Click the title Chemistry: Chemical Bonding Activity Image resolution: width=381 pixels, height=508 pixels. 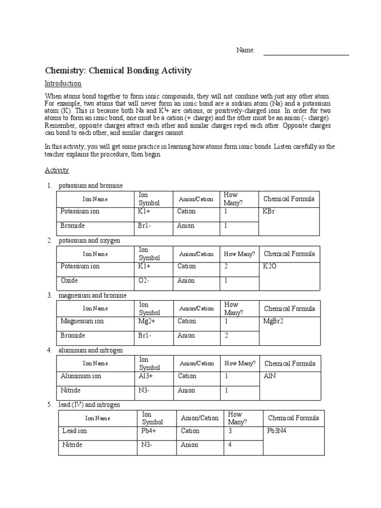(x=118, y=70)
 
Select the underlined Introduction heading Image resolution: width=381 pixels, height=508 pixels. (x=63, y=83)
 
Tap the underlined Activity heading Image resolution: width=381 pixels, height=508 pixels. (x=57, y=170)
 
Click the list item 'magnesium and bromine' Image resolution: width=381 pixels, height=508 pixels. (x=92, y=295)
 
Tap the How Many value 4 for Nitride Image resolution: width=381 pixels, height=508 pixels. (x=230, y=445)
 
